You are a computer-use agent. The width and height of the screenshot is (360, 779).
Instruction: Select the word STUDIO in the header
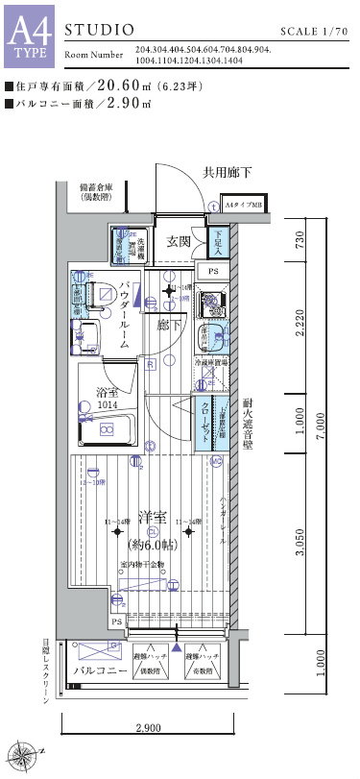point(99,32)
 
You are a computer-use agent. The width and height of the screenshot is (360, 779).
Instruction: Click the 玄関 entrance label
point(178,240)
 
